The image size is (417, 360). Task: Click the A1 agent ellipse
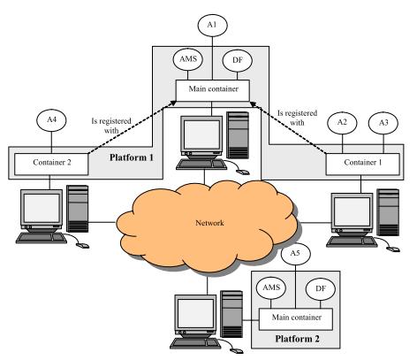[212, 25]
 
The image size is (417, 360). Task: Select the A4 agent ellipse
[51, 120]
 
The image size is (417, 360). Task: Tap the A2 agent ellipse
[342, 122]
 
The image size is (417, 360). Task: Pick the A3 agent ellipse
[383, 123]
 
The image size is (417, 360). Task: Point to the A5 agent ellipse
[295, 254]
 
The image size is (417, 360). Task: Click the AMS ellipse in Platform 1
[188, 59]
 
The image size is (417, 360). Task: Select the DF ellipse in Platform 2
[321, 288]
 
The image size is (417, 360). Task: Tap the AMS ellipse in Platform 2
[271, 287]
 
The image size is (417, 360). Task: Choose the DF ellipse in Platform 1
[238, 60]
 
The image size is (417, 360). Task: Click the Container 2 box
[51, 164]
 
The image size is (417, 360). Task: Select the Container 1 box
[363, 164]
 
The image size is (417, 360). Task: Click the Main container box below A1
[213, 90]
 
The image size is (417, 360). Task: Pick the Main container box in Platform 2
[296, 319]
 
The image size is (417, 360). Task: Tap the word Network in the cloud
[209, 223]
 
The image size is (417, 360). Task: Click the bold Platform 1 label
[132, 157]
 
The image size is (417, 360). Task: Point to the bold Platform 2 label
[297, 339]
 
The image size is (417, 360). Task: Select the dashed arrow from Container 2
[133, 127]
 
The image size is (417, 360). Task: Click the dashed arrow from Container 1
[288, 127]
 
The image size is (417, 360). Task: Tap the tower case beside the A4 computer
[78, 209]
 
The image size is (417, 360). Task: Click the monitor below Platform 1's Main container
[201, 136]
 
